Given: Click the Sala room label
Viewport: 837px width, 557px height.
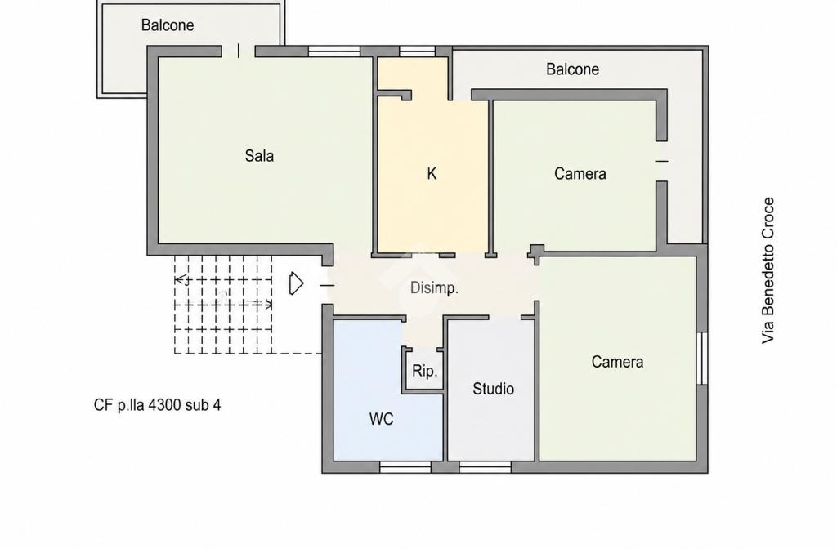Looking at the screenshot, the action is [259, 156].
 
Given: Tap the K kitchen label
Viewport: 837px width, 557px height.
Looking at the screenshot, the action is [432, 173].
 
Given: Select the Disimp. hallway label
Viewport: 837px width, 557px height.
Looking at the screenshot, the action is [434, 288].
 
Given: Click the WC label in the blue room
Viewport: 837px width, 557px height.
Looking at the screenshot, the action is [381, 419].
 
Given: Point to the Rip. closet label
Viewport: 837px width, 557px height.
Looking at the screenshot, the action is [424, 371].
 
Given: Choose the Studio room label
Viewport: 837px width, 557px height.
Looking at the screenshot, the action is [493, 389].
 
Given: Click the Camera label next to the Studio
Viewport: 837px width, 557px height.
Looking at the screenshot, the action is [617, 362].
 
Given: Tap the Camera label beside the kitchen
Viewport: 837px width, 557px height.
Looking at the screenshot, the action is [580, 173].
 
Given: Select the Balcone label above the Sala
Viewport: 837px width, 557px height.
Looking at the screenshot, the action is [167, 25].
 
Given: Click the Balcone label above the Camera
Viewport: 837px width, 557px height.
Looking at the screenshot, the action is [572, 69].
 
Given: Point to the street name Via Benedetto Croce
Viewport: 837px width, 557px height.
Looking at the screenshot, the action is [768, 270].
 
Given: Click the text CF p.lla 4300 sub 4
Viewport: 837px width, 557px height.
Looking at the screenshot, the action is [157, 405].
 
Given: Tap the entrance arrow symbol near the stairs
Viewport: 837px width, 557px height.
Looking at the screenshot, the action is [296, 283].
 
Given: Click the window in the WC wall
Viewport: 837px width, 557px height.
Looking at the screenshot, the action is [405, 467].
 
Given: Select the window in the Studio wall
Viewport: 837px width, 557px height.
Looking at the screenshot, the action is [486, 467].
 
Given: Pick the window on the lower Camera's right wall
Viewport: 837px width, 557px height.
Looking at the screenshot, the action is [702, 358].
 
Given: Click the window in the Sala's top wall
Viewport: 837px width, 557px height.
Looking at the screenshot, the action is [334, 51].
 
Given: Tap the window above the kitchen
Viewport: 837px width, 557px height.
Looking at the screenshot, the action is [418, 51].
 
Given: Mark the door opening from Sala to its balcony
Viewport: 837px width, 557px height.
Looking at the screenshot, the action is [238, 51].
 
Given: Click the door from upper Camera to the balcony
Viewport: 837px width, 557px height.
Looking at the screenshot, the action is [661, 161].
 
